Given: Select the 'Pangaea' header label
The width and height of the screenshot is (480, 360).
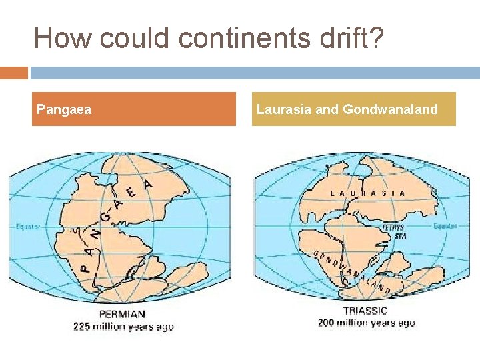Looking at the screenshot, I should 64,109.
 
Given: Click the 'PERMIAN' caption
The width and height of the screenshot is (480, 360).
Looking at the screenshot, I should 122,314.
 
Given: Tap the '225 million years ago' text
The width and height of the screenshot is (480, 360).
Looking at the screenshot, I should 123,327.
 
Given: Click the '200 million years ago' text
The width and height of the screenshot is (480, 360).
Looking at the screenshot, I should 367,323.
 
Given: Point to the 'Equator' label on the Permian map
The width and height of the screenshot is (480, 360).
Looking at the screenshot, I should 28,227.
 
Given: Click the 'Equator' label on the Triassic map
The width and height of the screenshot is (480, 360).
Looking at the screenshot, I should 445,226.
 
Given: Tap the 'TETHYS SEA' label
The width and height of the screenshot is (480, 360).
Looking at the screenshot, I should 394,231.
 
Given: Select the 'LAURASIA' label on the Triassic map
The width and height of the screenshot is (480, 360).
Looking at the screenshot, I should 367,193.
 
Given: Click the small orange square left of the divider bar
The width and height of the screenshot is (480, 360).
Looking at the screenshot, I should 14,73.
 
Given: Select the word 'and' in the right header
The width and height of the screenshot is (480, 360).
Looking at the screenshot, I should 327,109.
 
